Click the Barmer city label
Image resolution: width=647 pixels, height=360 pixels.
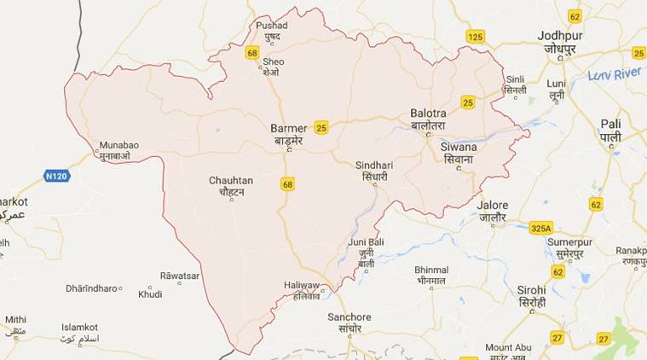coord(288,128)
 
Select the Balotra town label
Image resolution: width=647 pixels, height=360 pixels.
coord(429,113)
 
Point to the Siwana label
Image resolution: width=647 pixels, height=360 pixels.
coord(459,147)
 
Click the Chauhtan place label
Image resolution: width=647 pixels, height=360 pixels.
coord(229,181)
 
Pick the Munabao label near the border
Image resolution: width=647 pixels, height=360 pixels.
coord(118,145)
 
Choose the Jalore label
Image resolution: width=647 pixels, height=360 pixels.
coord(492,206)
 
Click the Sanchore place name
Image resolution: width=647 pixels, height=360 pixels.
coord(349,317)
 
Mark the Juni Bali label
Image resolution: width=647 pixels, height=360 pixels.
coord(366,242)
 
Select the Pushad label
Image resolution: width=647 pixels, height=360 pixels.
coord(272,26)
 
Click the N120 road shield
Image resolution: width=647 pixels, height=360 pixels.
coord(55,176)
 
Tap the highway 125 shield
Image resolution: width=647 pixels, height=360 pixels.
coord(475,36)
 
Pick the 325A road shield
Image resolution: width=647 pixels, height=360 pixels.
coord(540,228)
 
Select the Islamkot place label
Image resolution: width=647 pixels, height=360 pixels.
coord(79,327)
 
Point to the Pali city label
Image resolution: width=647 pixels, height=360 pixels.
coord(609,125)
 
